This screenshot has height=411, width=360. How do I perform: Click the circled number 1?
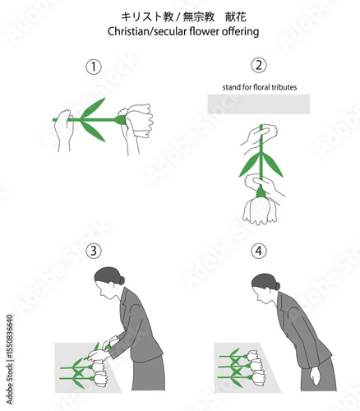[94, 67]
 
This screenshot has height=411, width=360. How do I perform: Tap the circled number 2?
[259, 65]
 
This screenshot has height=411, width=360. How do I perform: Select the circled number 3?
[94, 251]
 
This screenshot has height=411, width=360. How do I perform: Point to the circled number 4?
[259, 251]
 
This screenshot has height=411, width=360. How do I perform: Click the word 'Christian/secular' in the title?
[148, 31]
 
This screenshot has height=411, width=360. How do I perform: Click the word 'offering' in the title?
[240, 31]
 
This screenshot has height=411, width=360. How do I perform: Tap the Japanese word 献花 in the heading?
[236, 17]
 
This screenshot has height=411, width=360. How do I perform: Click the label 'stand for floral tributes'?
[260, 87]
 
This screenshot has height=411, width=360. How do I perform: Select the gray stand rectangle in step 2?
[259, 104]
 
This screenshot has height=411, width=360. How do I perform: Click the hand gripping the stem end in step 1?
[64, 129]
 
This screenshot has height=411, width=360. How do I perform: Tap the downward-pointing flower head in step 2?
[260, 211]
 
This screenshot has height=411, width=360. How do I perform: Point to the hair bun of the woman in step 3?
[122, 280]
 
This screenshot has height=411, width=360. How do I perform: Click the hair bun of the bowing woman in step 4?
[277, 286]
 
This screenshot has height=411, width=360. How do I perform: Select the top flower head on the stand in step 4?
[253, 355]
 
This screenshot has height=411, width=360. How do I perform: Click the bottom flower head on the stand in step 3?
[99, 379]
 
